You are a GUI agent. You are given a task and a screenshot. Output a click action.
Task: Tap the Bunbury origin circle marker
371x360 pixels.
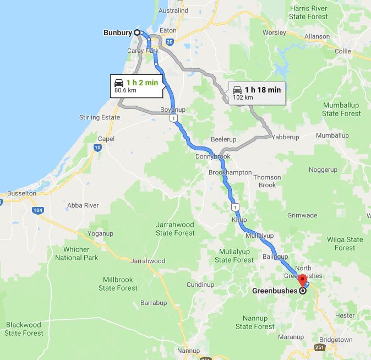[x=137, y=32]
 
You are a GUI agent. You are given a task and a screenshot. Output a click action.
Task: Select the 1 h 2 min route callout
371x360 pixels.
[x=135, y=85]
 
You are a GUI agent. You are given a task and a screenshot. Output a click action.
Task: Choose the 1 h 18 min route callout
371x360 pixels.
[x=257, y=93]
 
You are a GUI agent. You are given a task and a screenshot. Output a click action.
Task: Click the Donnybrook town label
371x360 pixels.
[x=212, y=157]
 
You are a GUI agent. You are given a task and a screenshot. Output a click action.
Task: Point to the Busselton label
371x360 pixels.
[x=21, y=194]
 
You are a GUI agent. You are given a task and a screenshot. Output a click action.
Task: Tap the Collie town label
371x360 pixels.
[x=342, y=51]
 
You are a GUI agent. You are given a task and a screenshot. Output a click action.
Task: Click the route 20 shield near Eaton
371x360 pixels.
[x=169, y=42]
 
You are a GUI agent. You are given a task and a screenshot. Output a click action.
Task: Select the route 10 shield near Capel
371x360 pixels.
[x=97, y=148]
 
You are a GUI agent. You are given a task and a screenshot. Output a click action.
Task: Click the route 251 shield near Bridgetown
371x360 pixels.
[x=319, y=347]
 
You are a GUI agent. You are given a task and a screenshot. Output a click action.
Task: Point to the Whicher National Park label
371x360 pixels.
[x=76, y=253]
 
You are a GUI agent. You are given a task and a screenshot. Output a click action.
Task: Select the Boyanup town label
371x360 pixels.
[x=172, y=110]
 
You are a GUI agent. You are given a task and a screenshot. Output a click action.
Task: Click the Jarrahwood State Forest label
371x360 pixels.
[x=175, y=229]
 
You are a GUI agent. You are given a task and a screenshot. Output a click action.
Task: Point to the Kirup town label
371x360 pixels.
[x=239, y=219]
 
